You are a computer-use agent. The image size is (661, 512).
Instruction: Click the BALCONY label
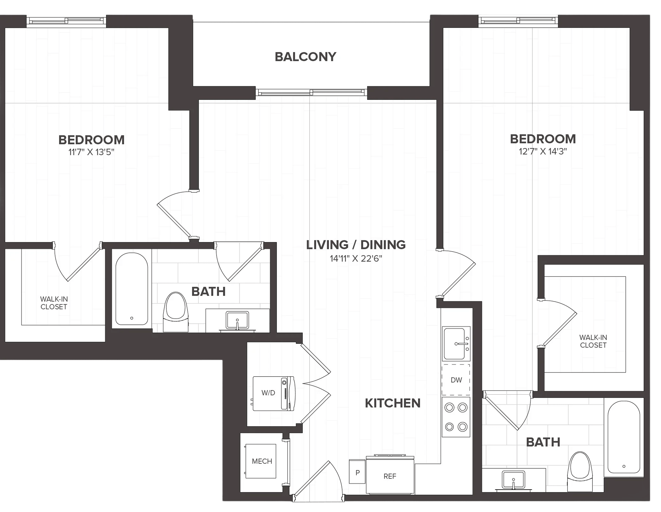point(305,57)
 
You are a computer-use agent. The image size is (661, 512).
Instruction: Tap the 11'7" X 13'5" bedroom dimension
point(91,152)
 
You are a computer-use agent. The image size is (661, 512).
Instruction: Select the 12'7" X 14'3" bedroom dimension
point(543,151)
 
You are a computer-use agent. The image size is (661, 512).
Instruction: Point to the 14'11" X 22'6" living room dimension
point(356,259)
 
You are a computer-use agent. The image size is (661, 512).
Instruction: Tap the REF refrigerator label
point(390,476)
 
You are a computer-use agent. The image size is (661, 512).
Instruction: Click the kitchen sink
point(456,344)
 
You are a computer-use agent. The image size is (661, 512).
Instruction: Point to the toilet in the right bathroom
point(580,472)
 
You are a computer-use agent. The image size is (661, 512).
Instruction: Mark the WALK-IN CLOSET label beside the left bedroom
point(54,303)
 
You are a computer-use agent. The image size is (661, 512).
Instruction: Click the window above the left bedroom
point(66,21)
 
